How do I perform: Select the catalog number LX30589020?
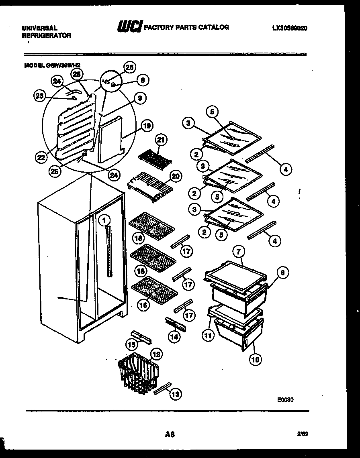point(290,28)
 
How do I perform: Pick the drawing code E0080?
point(285,400)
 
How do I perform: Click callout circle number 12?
point(156,354)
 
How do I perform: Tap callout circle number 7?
point(238,252)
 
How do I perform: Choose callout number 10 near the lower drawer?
point(255,359)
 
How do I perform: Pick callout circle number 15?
point(130,344)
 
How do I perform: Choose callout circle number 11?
point(208,336)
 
